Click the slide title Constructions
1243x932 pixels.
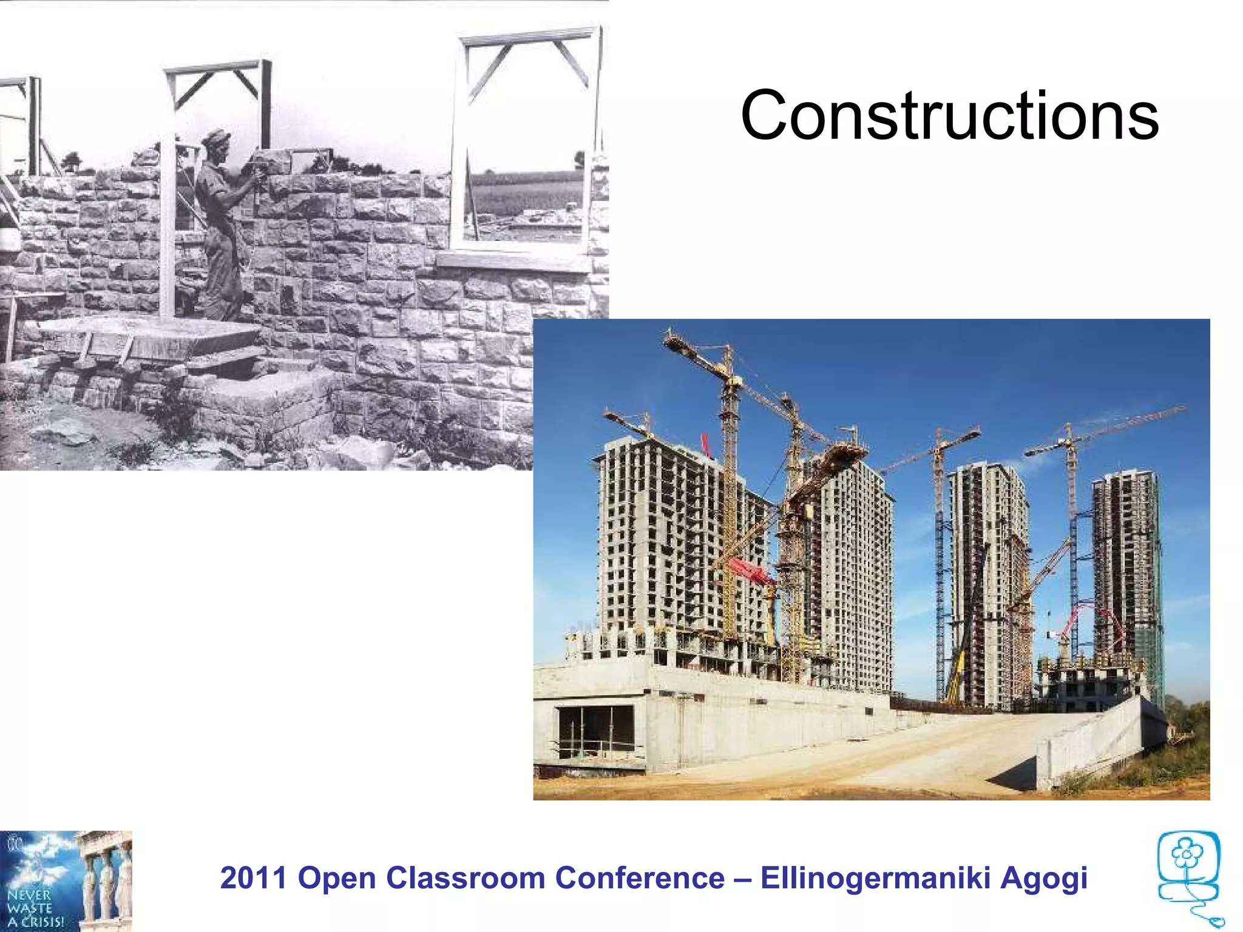tap(949, 115)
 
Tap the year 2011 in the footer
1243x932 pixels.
tap(253, 878)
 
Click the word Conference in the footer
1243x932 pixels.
tap(639, 878)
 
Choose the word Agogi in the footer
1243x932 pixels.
tap(1043, 878)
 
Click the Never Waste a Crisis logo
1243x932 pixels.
tap(66, 881)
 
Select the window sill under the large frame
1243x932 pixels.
tap(513, 262)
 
